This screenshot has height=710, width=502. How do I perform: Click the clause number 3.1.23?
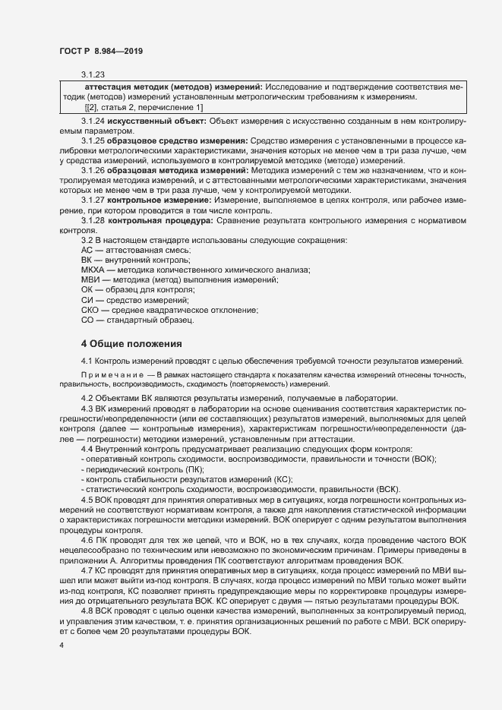93,74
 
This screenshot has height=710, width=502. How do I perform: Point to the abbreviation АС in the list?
87,251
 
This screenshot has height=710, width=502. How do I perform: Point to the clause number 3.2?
86,240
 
